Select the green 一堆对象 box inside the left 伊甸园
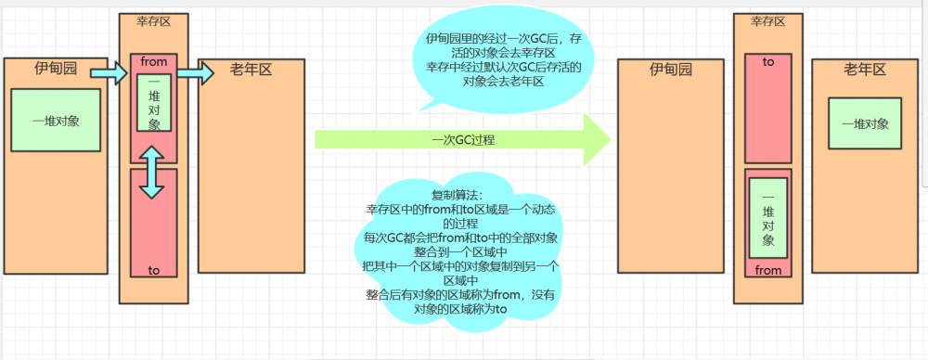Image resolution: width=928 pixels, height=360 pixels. click(x=56, y=121)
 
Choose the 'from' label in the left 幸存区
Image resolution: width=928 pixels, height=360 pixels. click(x=154, y=62)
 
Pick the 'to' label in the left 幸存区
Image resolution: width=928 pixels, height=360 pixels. click(x=154, y=270)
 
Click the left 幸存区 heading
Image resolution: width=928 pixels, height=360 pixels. click(x=153, y=21)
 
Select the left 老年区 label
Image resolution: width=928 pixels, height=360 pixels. click(x=250, y=70)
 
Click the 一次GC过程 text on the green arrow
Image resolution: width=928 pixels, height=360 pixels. click(x=462, y=140)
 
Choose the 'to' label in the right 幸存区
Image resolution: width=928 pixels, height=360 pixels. click(x=768, y=61)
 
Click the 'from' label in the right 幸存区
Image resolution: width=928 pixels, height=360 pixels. click(x=768, y=271)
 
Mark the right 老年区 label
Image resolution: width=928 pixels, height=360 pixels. click(x=865, y=70)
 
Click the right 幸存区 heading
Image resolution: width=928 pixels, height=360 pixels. click(x=767, y=21)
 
